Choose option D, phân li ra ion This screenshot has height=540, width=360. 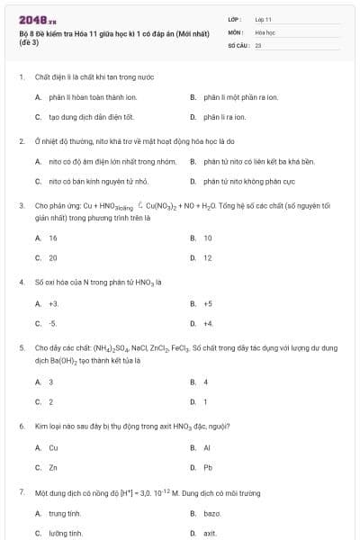point(221,117)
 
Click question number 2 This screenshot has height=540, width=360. point(21,141)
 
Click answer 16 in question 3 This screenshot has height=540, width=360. point(53,238)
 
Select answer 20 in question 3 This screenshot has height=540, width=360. point(53,257)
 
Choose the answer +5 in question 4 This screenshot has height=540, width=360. point(207,303)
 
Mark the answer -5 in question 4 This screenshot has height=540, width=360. point(53,323)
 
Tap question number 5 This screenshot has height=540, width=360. point(21,346)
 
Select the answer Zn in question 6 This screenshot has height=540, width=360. point(53,467)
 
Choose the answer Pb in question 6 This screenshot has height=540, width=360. point(207,467)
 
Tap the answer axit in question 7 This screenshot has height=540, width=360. point(211,533)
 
